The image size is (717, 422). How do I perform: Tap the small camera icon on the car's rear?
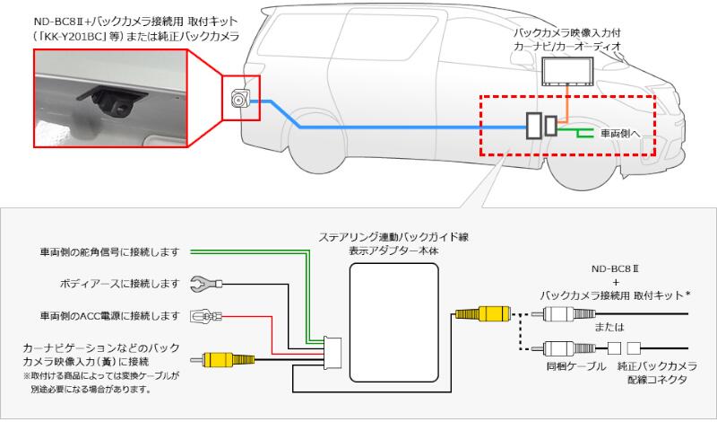tap(240, 100)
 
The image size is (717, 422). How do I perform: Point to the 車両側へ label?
tap(619, 133)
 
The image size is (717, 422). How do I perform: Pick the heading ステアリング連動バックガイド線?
tap(394, 237)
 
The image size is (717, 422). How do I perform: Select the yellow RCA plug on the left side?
tap(216, 360)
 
